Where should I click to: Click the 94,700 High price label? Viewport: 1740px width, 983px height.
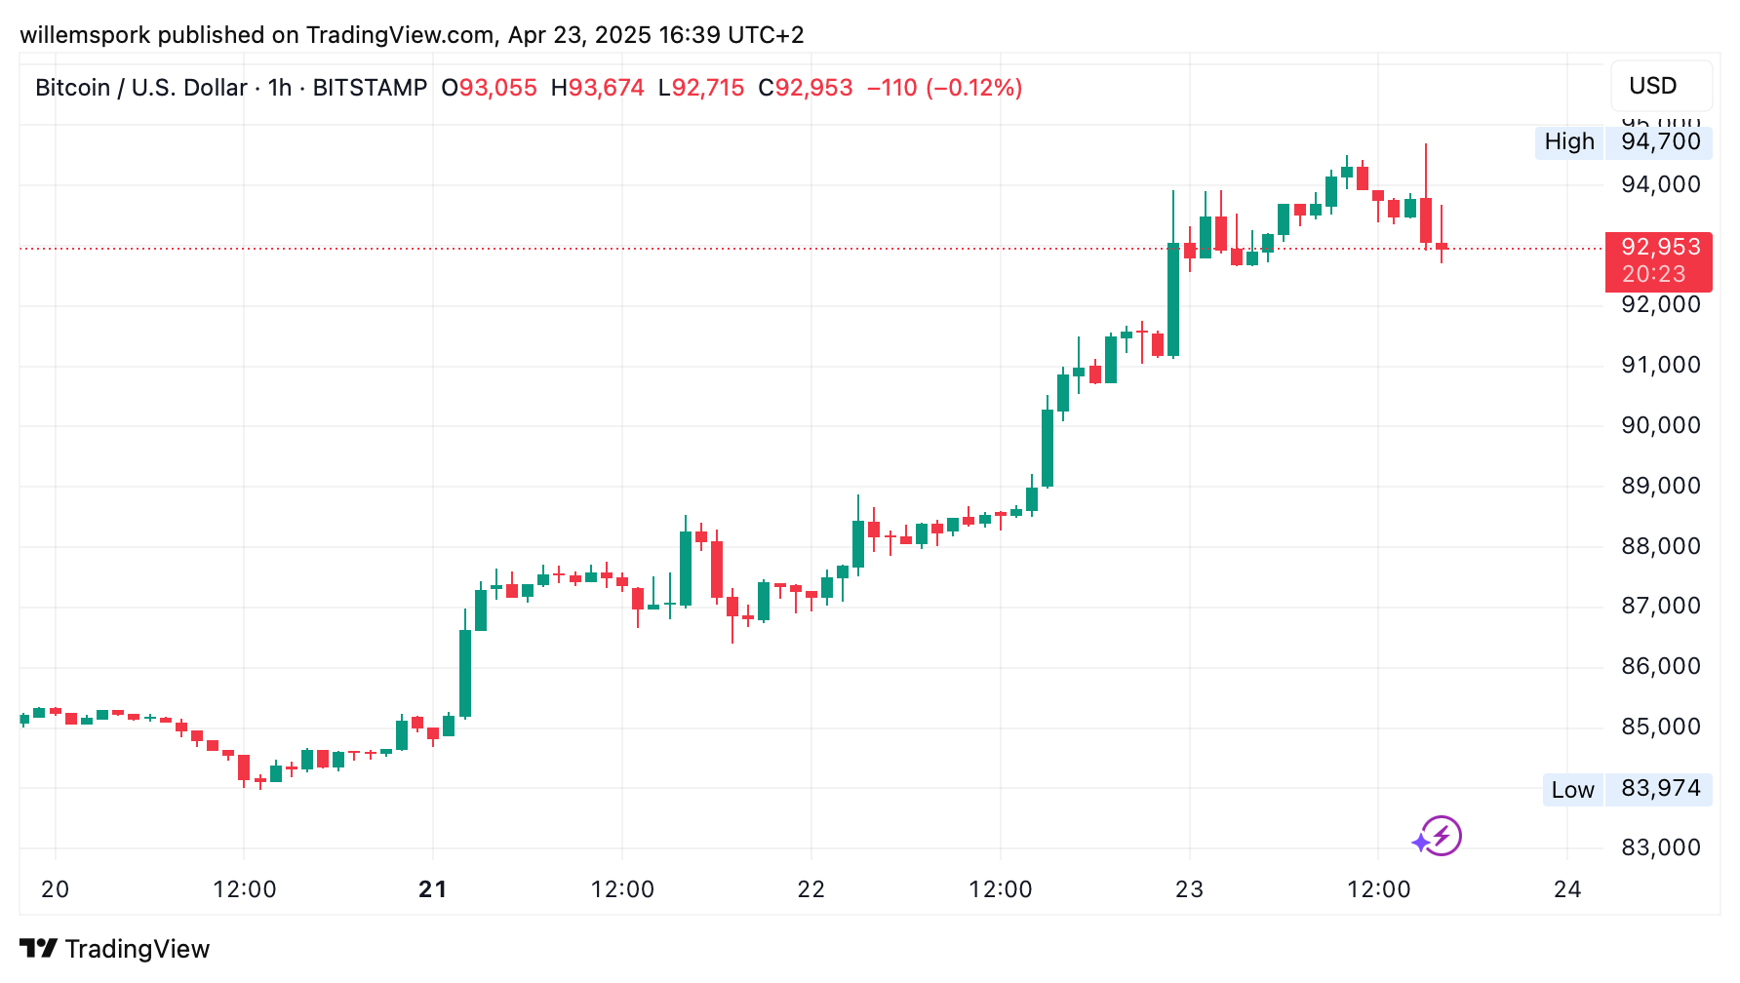[x=1660, y=142]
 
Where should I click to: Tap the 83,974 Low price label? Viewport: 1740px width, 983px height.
[x=1660, y=789]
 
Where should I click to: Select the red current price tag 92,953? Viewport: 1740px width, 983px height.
[x=1660, y=248]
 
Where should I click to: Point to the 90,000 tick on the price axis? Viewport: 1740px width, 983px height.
[x=1660, y=425]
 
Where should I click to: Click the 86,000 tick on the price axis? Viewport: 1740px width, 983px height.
[x=1660, y=666]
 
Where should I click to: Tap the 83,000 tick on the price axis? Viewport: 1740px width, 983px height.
[x=1660, y=847]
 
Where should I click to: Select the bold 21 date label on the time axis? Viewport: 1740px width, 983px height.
[x=433, y=889]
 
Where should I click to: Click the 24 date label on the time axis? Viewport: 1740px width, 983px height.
[x=1567, y=889]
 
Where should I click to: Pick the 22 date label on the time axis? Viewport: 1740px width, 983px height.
[x=811, y=889]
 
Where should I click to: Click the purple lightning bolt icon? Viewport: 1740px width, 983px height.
[x=1440, y=836]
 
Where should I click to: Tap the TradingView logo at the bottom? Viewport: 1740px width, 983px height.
[x=115, y=949]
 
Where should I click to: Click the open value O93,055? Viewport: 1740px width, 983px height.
[x=490, y=88]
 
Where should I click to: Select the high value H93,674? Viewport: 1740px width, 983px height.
[x=598, y=88]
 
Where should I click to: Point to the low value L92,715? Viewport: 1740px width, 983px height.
[x=701, y=88]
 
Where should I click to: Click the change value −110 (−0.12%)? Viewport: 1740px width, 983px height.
[x=944, y=88]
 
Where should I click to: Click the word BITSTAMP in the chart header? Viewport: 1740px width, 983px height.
[x=370, y=88]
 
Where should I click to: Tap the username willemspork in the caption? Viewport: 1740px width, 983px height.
[x=85, y=35]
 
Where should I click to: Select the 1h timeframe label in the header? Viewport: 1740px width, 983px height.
[x=280, y=88]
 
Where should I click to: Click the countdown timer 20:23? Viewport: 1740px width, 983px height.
[x=1653, y=275]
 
